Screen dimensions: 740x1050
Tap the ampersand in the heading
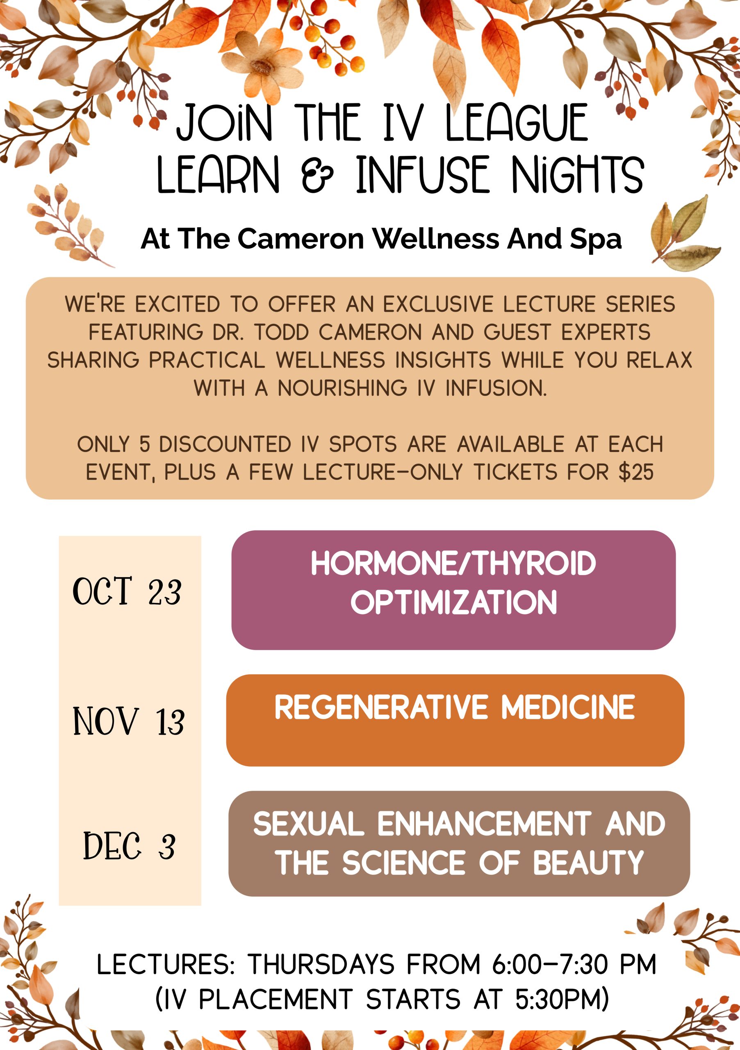click(317, 174)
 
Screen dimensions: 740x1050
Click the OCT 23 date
click(127, 591)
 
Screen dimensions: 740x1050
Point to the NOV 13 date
click(128, 721)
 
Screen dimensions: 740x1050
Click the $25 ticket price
click(636, 472)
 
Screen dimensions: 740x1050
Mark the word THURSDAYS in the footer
click(321, 964)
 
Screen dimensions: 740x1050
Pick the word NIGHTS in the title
click(578, 174)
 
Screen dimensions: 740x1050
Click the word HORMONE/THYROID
click(453, 563)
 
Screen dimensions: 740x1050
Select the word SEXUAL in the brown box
click(309, 824)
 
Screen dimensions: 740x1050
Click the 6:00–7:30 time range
click(550, 964)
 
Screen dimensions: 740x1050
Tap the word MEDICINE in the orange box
click(568, 707)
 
